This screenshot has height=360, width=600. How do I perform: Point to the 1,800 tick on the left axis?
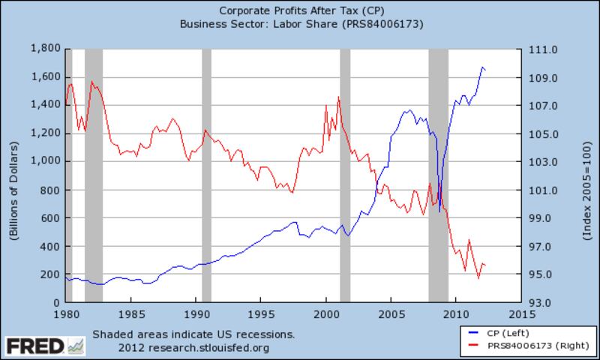(44, 49)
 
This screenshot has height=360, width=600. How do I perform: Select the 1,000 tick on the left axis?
(44, 161)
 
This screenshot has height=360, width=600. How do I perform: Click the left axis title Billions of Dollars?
(14, 175)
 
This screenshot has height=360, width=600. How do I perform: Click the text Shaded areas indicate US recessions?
(193, 334)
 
